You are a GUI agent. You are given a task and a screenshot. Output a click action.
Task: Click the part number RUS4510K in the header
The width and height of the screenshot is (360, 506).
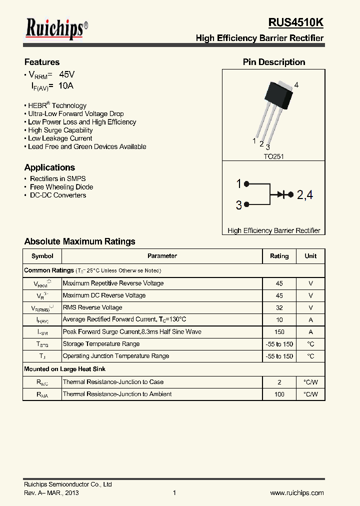point(295,23)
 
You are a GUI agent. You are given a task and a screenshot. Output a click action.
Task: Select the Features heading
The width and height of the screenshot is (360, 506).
point(42,62)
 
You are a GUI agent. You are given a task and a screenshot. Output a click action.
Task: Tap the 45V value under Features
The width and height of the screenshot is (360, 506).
point(66,74)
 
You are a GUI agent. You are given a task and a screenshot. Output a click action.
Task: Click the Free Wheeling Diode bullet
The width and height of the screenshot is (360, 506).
point(61,187)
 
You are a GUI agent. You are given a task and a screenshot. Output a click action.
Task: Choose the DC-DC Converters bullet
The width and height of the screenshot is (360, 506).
point(57,195)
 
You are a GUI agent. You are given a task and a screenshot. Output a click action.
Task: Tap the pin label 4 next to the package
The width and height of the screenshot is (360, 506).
point(296,85)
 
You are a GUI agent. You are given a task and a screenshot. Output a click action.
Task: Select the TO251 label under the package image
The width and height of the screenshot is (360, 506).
point(273,156)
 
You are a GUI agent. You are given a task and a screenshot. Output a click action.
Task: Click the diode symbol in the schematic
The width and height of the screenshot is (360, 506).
point(287,194)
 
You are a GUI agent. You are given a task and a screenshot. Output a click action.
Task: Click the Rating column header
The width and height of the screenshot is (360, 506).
point(279,256)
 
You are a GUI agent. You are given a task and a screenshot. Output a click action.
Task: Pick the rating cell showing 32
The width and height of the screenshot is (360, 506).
point(279,308)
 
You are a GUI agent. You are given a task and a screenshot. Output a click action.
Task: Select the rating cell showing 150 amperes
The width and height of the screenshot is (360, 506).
point(279,332)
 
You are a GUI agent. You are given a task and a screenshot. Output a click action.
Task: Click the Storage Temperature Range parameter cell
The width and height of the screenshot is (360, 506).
point(101,344)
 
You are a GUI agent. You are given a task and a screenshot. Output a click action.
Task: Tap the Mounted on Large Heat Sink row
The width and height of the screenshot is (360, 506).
point(64,369)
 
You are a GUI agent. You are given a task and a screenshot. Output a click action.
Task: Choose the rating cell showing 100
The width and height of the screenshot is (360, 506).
point(279,394)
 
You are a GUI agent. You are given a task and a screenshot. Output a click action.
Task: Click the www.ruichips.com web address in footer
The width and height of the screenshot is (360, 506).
point(297,493)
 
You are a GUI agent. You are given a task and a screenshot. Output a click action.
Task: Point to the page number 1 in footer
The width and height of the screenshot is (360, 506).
point(174,493)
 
